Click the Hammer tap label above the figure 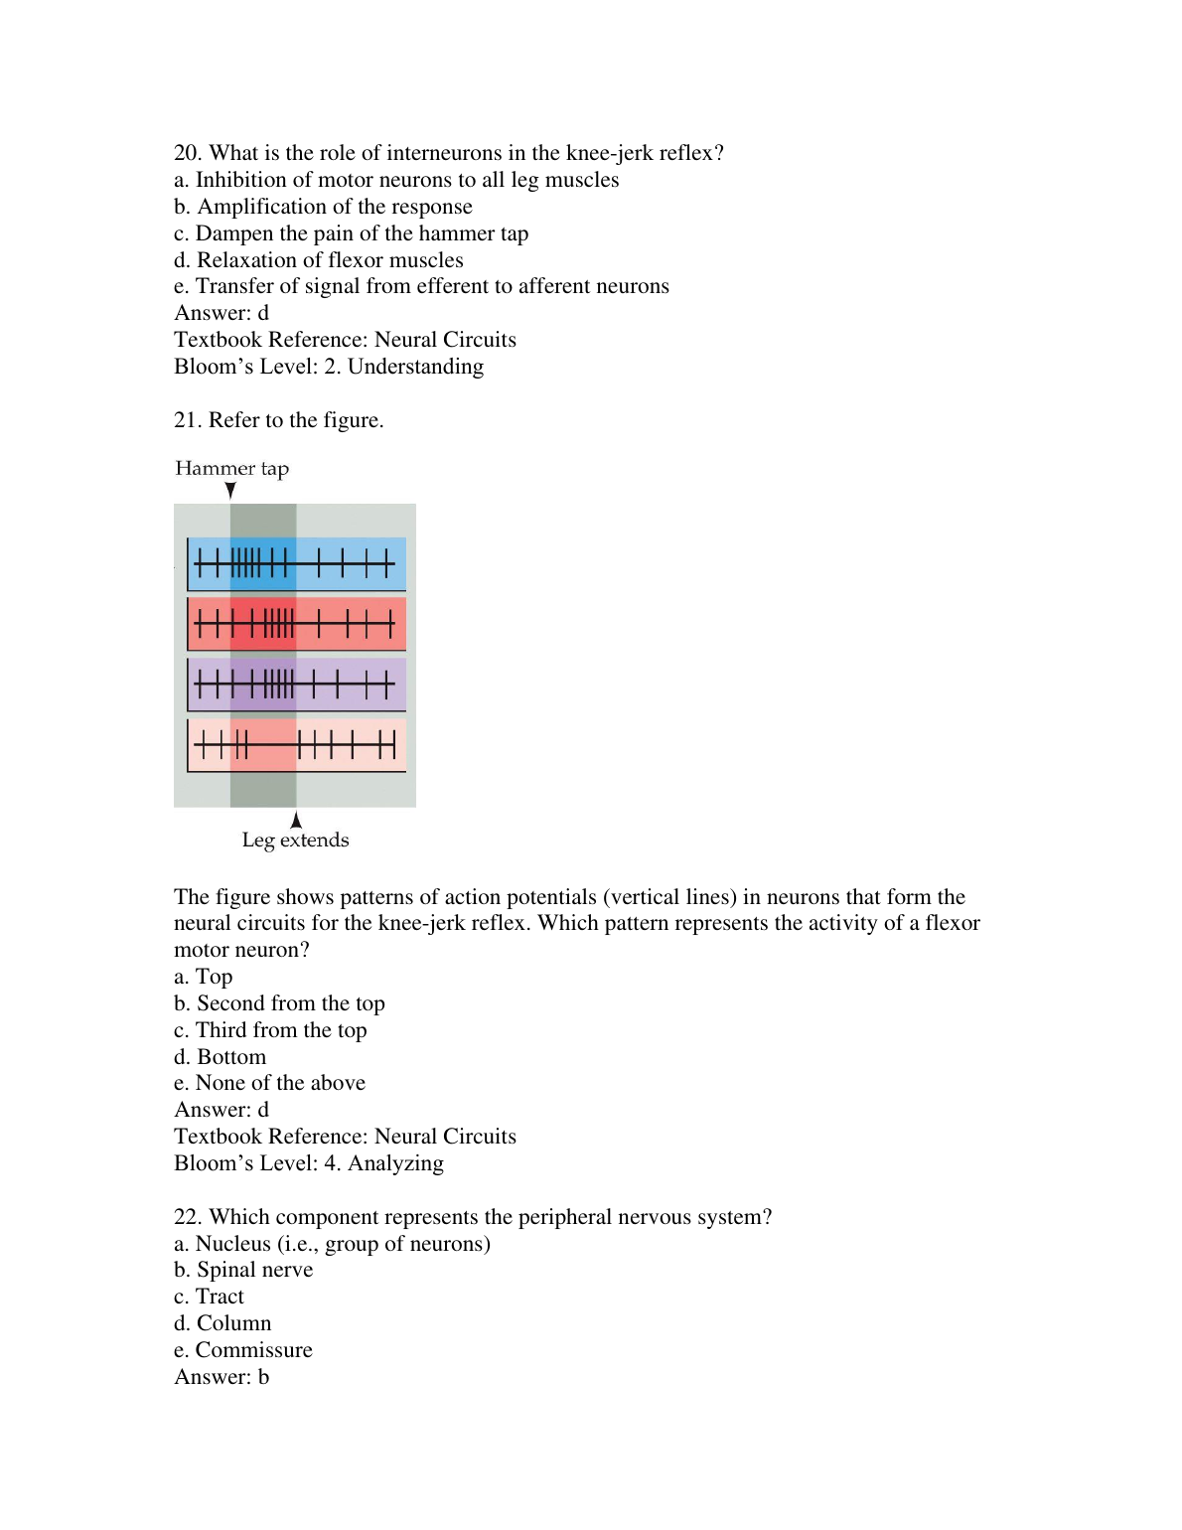[231, 468]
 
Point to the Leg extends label [295, 841]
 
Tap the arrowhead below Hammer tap [230, 490]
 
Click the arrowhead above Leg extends [296, 820]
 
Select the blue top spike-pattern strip [296, 564]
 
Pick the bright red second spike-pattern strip [296, 624]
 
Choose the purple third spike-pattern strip [296, 685]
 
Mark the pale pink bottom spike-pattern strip [296, 745]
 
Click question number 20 [187, 153]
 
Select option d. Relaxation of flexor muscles [318, 260]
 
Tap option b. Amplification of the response [323, 207]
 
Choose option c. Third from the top [270, 1030]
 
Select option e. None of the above [269, 1083]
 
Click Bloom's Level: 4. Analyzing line [308, 1163]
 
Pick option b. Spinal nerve [243, 1270]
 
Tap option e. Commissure [243, 1350]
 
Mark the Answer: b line [222, 1377]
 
